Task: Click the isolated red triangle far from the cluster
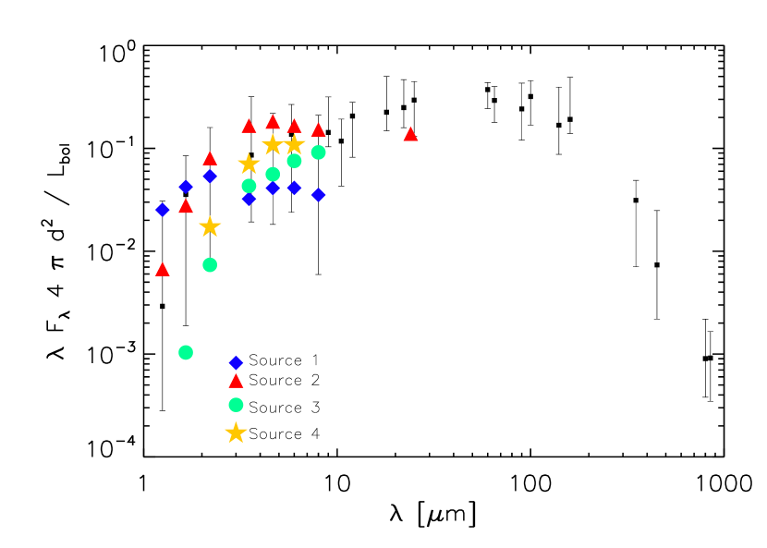(410, 134)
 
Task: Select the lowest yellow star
(236, 432)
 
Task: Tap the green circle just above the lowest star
(236, 405)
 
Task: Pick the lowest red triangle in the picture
(236, 381)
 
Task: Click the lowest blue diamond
(236, 363)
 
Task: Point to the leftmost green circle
(186, 352)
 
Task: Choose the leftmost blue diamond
(163, 210)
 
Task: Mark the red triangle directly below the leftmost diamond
(163, 270)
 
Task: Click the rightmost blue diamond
(318, 195)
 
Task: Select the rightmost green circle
(318, 152)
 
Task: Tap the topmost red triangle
(273, 122)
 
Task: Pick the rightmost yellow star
(294, 144)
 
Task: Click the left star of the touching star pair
(273, 144)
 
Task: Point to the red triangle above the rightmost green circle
(318, 130)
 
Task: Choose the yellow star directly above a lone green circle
(210, 226)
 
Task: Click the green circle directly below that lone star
(210, 265)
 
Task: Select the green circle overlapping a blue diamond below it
(249, 186)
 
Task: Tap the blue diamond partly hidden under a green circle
(249, 200)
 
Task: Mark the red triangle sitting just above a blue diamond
(210, 159)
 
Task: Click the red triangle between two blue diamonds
(186, 205)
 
